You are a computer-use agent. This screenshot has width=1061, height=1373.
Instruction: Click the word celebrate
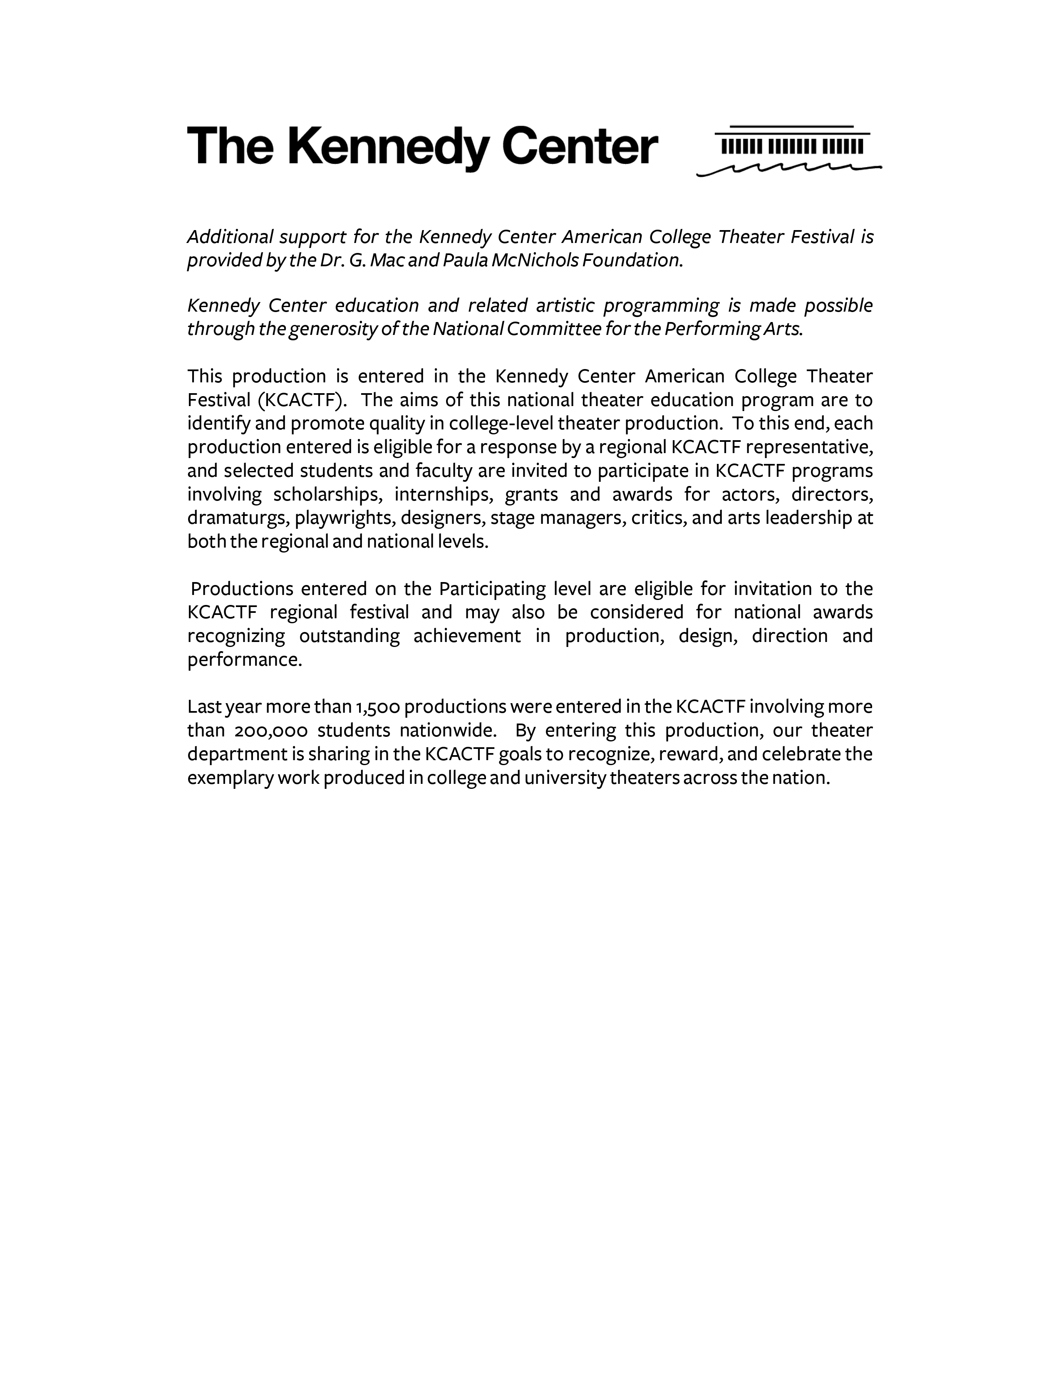click(801, 754)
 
